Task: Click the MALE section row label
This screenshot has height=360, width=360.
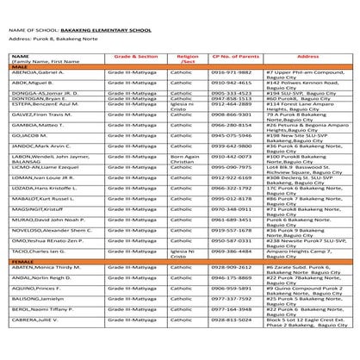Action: (x=18, y=66)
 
